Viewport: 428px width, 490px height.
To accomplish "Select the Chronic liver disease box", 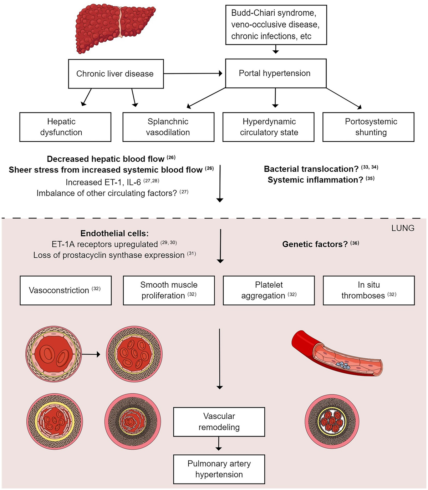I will click(x=116, y=74).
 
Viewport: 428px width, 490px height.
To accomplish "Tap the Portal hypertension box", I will click(x=276, y=73).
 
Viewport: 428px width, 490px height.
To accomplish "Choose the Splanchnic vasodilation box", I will click(x=168, y=127).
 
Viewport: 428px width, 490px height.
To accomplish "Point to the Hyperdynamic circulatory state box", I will click(x=269, y=127).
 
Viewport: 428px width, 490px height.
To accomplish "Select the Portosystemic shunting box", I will click(x=368, y=127).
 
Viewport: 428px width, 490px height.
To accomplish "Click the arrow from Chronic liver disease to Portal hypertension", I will click(x=193, y=74).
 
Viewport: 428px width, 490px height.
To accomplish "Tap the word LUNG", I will click(x=403, y=228).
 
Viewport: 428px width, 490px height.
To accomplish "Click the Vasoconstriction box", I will click(x=66, y=290).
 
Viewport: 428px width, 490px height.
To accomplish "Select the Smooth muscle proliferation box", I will click(x=169, y=290).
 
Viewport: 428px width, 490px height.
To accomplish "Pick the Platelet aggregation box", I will click(x=269, y=290).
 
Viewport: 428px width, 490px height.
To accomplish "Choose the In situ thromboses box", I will click(x=369, y=290).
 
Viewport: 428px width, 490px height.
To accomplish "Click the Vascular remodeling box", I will click(x=219, y=421).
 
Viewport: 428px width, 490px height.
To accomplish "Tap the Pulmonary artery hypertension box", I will click(x=219, y=469).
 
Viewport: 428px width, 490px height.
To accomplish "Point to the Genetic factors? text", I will click(x=315, y=244).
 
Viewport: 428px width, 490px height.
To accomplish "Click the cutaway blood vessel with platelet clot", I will click(x=337, y=355).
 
